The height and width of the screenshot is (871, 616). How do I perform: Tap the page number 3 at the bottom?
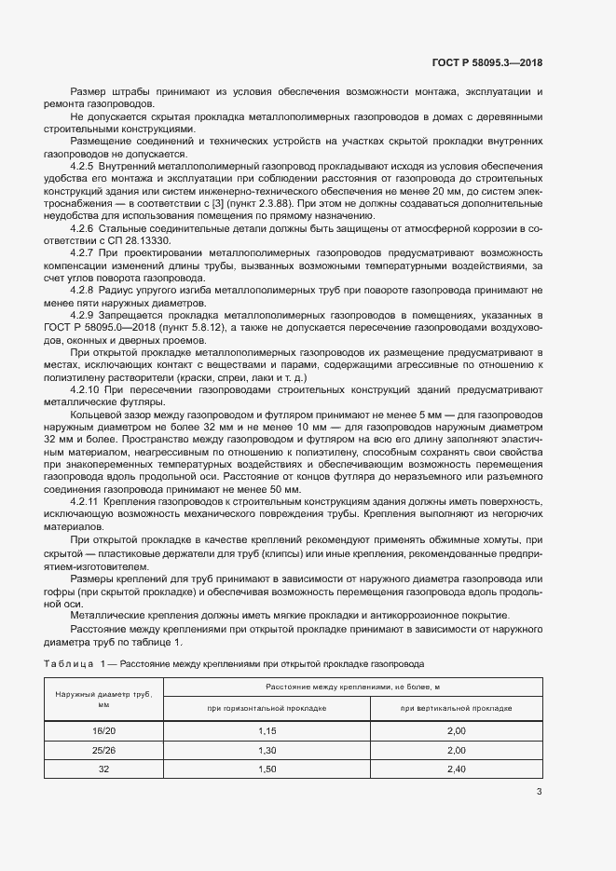[539, 793]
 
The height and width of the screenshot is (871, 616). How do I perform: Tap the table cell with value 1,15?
[267, 731]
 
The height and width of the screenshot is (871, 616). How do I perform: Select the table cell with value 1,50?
[267, 769]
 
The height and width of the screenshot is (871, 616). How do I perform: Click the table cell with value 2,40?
[456, 769]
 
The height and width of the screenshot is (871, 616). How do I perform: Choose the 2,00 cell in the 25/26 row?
[456, 750]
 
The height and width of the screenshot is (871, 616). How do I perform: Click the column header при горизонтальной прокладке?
[267, 708]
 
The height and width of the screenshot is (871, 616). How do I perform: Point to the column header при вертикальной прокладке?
[456, 708]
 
